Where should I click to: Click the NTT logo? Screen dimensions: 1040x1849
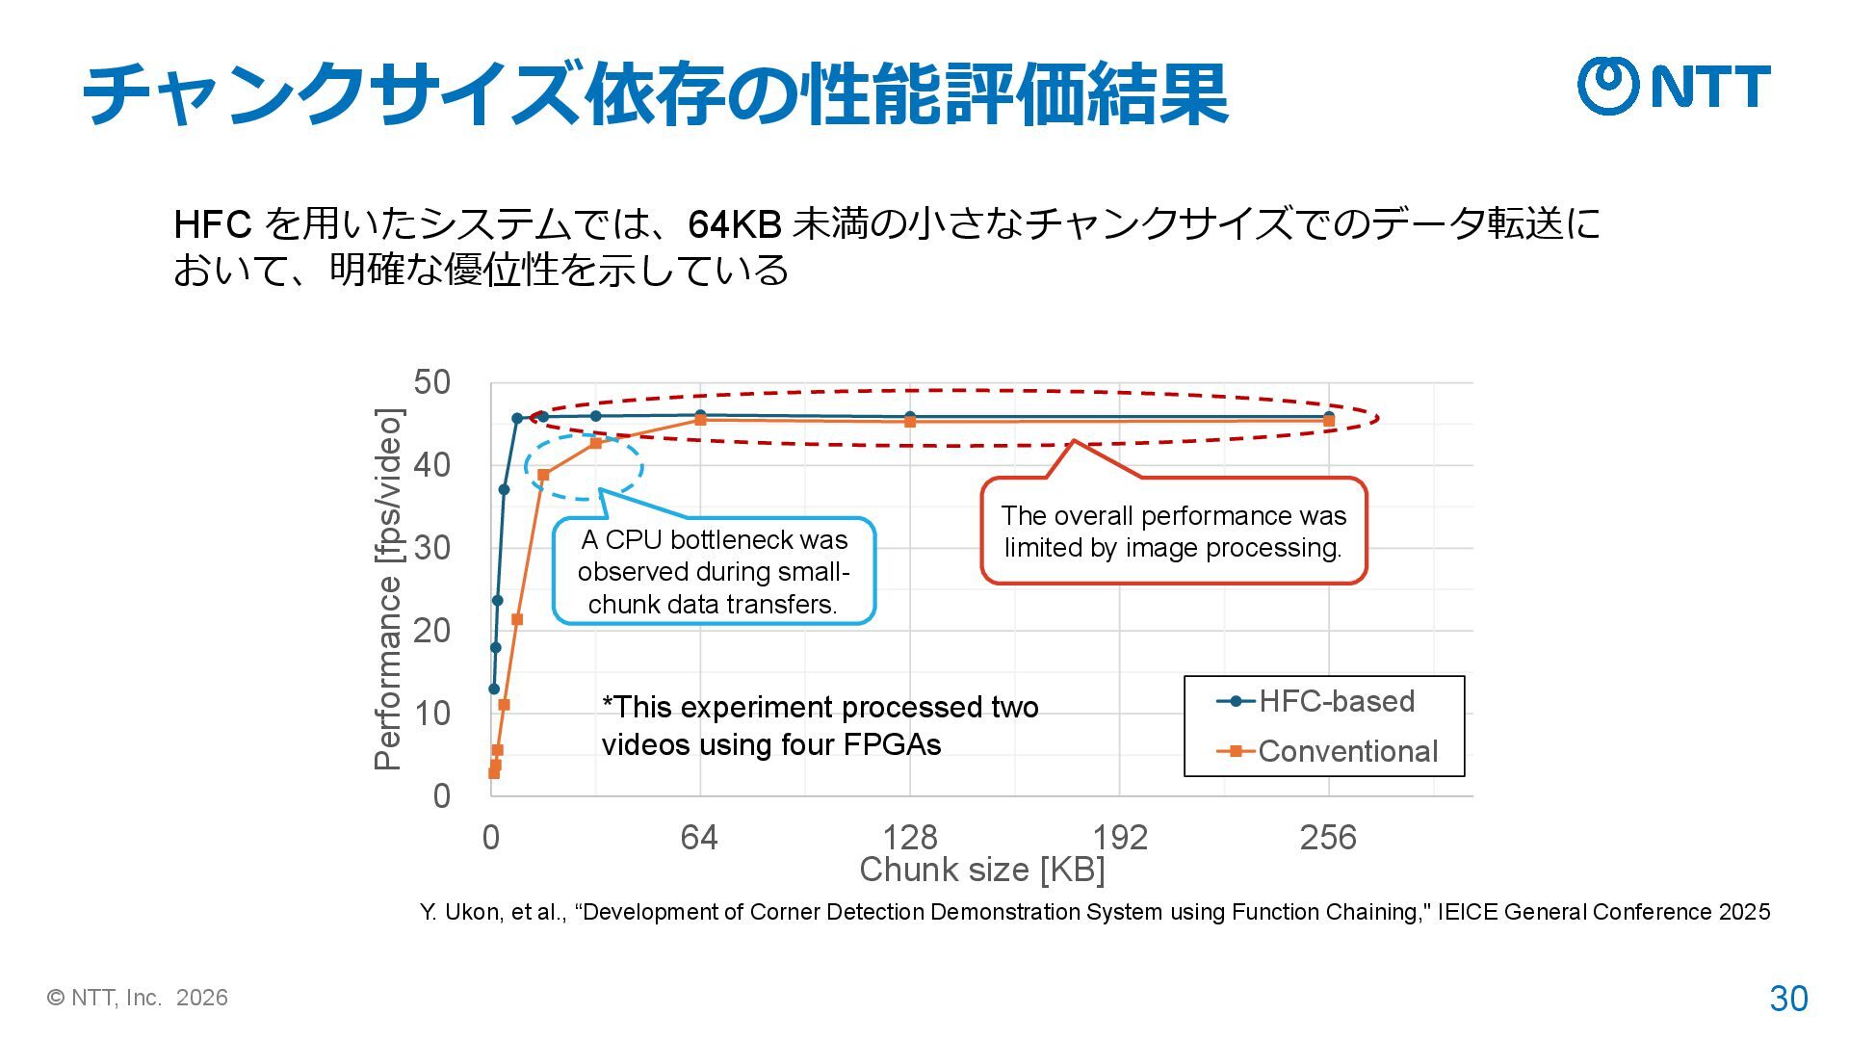coord(1674,86)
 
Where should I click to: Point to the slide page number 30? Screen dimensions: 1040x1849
coord(1788,999)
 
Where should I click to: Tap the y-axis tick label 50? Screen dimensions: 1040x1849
coord(432,382)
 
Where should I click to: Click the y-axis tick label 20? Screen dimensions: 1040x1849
coord(432,631)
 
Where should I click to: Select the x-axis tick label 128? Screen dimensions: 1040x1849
coord(910,838)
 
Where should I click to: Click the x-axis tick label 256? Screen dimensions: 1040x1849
coord(1328,838)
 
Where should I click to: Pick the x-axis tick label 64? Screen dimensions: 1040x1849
coord(699,838)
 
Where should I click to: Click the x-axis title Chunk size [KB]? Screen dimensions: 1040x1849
coord(981,870)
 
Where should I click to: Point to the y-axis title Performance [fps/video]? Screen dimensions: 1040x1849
coord(387,589)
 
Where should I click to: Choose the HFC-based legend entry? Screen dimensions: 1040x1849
coord(1316,701)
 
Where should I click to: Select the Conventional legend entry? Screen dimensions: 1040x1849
coord(1328,751)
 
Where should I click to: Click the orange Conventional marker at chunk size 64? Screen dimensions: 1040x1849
coord(700,420)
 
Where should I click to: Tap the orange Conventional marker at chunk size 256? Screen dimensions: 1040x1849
coord(1329,421)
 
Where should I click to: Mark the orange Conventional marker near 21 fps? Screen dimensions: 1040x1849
coord(517,619)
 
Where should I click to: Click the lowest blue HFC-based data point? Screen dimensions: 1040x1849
coord(494,689)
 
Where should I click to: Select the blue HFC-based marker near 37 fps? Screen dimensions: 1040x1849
coord(504,489)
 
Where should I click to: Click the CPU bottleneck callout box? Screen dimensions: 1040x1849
coord(714,572)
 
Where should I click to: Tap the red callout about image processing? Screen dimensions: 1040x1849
coord(1173,532)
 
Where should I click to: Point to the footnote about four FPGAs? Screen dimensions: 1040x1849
coord(820,726)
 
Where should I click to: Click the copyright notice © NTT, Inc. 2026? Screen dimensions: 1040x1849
coord(138,998)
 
